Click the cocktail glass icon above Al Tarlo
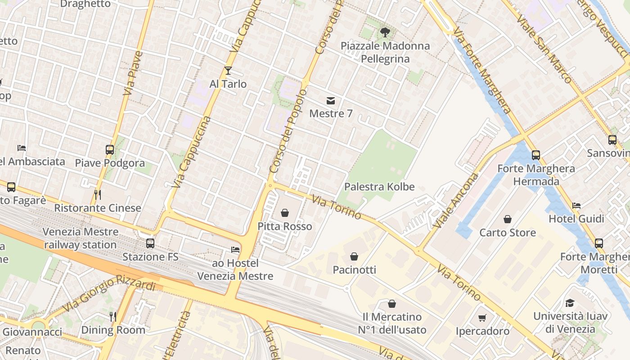pyautogui.click(x=228, y=71)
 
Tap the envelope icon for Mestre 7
pyautogui.click(x=331, y=100)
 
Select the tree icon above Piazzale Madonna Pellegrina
pyautogui.click(x=385, y=32)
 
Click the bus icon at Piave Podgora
pyautogui.click(x=110, y=149)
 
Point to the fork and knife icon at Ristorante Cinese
pyautogui.click(x=97, y=194)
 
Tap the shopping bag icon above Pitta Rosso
pyautogui.click(x=285, y=212)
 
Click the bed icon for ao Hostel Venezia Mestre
pyautogui.click(x=235, y=249)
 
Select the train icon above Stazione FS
pyautogui.click(x=150, y=243)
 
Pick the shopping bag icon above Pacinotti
pyautogui.click(x=354, y=256)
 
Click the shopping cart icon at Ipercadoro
pyautogui.click(x=482, y=318)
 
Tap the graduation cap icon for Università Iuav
pyautogui.click(x=570, y=302)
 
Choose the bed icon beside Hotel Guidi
pyautogui.click(x=576, y=206)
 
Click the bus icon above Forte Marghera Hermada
pyautogui.click(x=536, y=155)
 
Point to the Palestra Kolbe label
pyautogui.click(x=379, y=186)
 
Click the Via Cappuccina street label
pyautogui.click(x=192, y=152)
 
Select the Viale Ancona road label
pyautogui.click(x=456, y=200)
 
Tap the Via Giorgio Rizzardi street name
pyautogui.click(x=110, y=292)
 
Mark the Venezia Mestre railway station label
pyautogui.click(x=81, y=238)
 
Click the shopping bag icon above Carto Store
pyautogui.click(x=508, y=219)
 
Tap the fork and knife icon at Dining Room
pyautogui.click(x=113, y=317)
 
